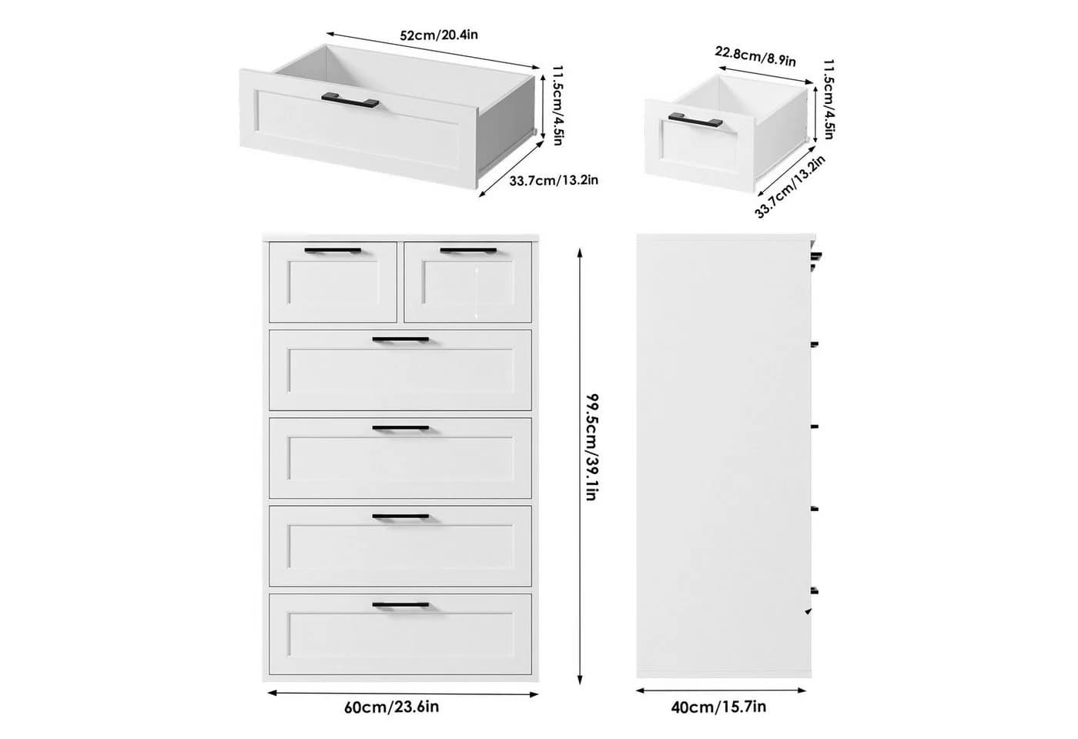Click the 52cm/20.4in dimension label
(439, 35)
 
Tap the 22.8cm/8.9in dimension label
(755, 56)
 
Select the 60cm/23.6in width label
(391, 707)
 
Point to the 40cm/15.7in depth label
(718, 707)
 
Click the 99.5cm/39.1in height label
(591, 447)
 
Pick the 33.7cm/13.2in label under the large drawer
(554, 180)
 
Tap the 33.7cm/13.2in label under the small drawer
(790, 186)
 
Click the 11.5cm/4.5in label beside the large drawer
(557, 105)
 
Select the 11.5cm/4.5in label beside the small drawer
(829, 99)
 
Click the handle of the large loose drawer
(350, 101)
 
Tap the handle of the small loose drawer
(695, 120)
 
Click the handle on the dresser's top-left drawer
(333, 251)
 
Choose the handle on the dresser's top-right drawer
(468, 251)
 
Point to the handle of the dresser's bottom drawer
(400, 605)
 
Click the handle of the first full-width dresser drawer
(400, 339)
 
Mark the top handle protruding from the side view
(816, 256)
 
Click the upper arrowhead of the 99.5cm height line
(580, 253)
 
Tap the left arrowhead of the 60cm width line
(272, 693)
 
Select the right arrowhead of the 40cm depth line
(802, 691)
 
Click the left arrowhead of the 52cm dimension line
(331, 34)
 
